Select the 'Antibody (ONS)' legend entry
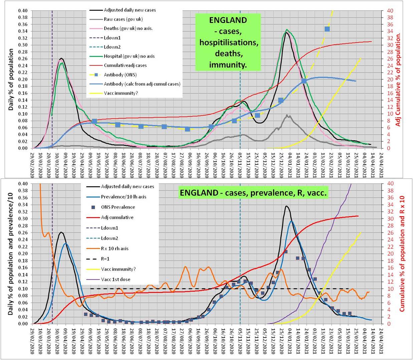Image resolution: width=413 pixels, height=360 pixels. (x=120, y=75)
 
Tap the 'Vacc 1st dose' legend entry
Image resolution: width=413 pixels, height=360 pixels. (x=116, y=280)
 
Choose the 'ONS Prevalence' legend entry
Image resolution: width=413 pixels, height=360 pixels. (x=118, y=207)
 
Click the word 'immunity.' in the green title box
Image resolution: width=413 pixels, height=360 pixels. (x=228, y=65)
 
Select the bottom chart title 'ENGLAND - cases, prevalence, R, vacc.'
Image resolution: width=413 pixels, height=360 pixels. (x=253, y=193)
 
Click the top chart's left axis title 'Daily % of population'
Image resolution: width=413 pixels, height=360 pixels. (x=11, y=79)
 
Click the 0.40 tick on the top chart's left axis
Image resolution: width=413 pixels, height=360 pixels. (x=23, y=11)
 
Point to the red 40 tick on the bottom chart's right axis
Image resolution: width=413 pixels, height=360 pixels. (x=390, y=184)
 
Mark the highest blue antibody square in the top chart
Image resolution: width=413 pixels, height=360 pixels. (x=327, y=29)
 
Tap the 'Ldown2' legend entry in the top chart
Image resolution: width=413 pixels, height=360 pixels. (x=112, y=47)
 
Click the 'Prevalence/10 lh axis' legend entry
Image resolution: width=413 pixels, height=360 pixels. (x=124, y=197)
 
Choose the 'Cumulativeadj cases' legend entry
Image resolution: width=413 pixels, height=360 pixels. (x=125, y=65)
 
